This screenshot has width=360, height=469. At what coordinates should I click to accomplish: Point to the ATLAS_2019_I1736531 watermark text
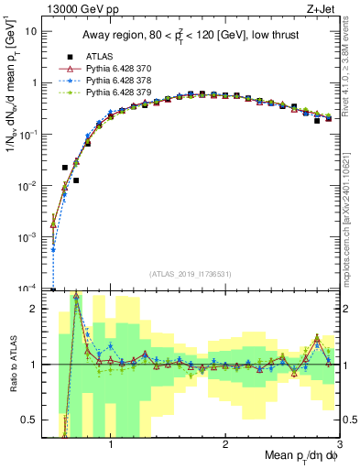190,273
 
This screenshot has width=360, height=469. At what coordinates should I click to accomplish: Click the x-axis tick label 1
111,446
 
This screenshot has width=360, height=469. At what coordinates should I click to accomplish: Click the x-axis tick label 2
225,446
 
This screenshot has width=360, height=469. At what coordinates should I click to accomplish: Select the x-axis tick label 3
338,446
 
